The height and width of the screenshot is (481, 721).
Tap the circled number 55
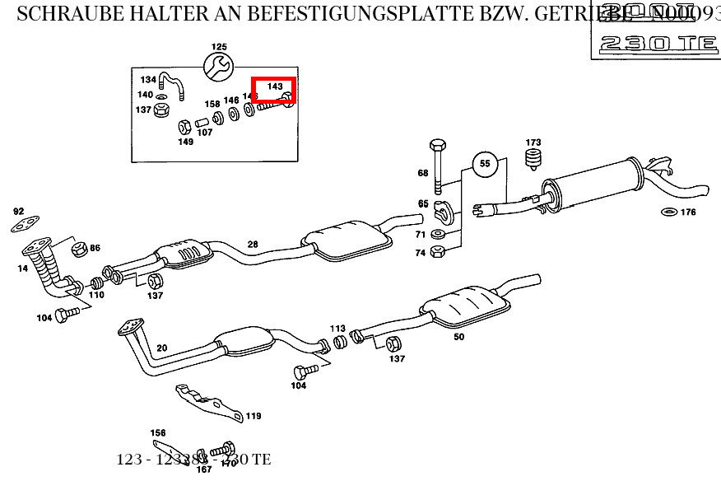coord(485,164)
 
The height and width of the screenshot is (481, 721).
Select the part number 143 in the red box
coord(275,86)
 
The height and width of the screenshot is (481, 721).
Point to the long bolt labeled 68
coord(438,166)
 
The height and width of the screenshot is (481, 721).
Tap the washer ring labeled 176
coord(669,212)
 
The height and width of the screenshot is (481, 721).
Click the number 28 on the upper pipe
coord(253,245)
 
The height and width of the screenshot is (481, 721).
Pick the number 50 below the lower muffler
coord(458,337)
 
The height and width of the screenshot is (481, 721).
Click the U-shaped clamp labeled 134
coord(171,86)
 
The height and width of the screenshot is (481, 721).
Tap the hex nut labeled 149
coord(185,127)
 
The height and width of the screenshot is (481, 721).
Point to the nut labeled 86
coord(80,248)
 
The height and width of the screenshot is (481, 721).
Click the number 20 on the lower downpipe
coord(161,348)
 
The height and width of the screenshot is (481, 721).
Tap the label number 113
coord(337,328)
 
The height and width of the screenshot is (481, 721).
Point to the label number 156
coord(157,433)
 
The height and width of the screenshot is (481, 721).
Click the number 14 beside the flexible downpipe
coord(22,269)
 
